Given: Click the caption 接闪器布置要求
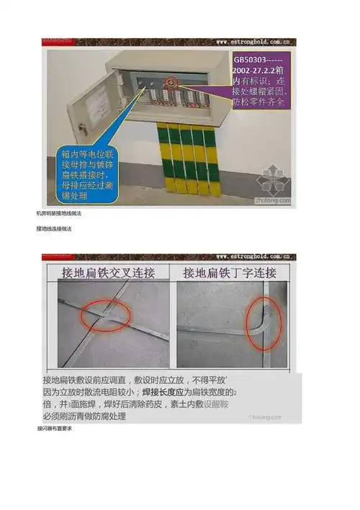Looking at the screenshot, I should (x=54, y=429).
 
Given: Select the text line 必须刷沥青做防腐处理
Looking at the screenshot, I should (x=85, y=416).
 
